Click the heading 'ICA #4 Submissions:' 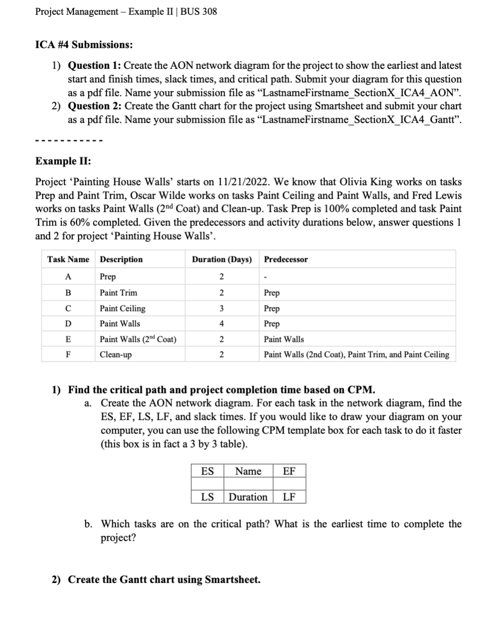pyautogui.click(x=84, y=45)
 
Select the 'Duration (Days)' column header pyautogui.click(x=222, y=259)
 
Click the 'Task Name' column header pyautogui.click(x=68, y=259)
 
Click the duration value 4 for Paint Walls pyautogui.click(x=221, y=324)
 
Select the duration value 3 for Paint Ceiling pyautogui.click(x=221, y=308)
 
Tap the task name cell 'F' pyautogui.click(x=68, y=354)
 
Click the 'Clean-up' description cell pyautogui.click(x=115, y=354)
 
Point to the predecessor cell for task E pyautogui.click(x=284, y=339)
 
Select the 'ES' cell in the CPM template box pyautogui.click(x=207, y=471)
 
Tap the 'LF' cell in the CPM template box pyautogui.click(x=289, y=497)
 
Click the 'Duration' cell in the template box pyautogui.click(x=248, y=497)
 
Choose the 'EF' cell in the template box pyautogui.click(x=289, y=471)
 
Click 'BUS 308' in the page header pyautogui.click(x=202, y=11)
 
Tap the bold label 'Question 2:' pyautogui.click(x=95, y=106)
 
